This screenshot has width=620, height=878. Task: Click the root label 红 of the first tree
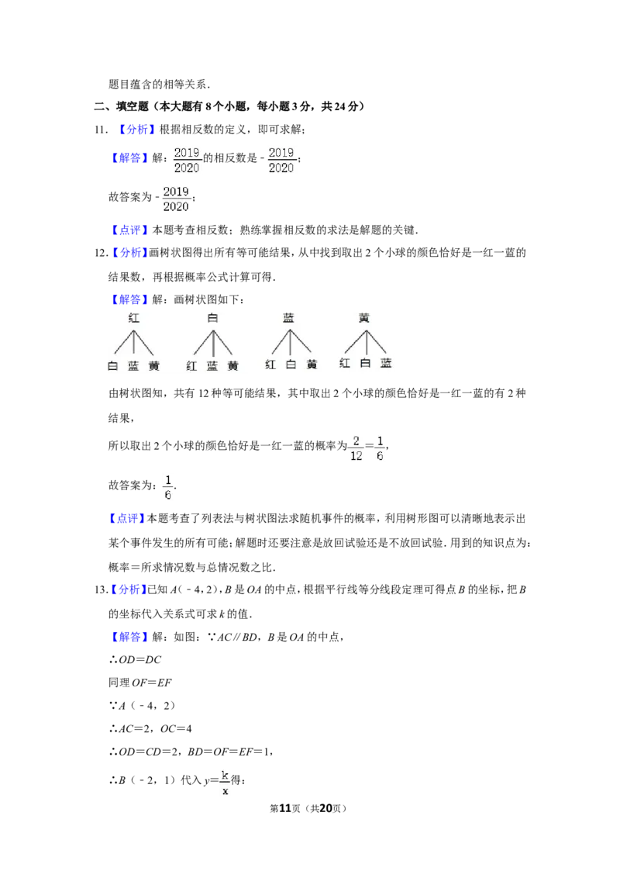[134, 317]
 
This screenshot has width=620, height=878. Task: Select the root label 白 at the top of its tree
[212, 317]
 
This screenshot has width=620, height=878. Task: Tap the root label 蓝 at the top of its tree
[289, 317]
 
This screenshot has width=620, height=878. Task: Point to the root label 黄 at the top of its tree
[365, 317]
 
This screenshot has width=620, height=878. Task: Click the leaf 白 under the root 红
[112, 365]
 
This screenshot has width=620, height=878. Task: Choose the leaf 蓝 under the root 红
[133, 365]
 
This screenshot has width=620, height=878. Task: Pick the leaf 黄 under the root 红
[154, 365]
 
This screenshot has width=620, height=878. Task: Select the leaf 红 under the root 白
[191, 365]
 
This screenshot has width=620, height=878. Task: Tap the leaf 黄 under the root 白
[232, 365]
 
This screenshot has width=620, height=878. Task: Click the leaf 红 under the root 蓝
[270, 365]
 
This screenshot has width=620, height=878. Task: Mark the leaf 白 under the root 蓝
[291, 365]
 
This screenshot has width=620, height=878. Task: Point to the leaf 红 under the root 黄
[345, 363]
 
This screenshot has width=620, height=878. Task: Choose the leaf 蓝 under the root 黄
[386, 363]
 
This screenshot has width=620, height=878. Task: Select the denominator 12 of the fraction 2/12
[356, 457]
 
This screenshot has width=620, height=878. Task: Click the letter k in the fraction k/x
[225, 775]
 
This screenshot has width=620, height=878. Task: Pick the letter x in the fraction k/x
[225, 792]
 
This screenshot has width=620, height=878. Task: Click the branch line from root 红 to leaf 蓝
[135, 343]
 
